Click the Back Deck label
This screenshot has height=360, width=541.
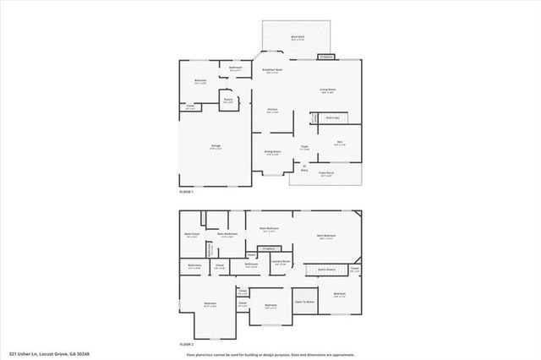(x=298, y=38)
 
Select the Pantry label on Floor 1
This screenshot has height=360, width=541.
(x=228, y=101)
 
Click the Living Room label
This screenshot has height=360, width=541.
(x=328, y=90)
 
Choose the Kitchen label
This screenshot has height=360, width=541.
(x=273, y=111)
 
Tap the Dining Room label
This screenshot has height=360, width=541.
(x=273, y=153)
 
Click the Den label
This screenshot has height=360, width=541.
(x=339, y=143)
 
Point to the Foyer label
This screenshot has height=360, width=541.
(x=304, y=148)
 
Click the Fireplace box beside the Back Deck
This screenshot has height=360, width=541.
(x=325, y=57)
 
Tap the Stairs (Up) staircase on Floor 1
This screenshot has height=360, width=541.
(x=333, y=118)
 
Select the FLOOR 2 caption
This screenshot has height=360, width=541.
(x=187, y=345)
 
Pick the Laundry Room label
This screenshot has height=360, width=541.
(x=281, y=262)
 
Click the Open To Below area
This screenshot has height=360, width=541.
(x=304, y=301)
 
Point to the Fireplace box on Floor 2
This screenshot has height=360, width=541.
(x=269, y=248)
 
